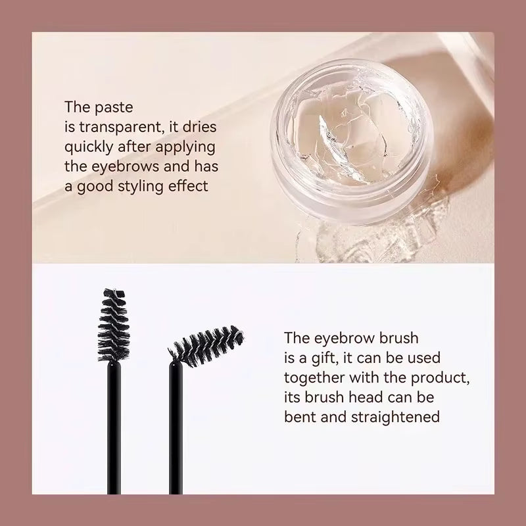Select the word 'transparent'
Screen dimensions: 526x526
pos(116,126)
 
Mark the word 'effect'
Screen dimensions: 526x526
pos(191,186)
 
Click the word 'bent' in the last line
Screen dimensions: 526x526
pos(299,418)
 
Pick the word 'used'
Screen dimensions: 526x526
pos(427,358)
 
